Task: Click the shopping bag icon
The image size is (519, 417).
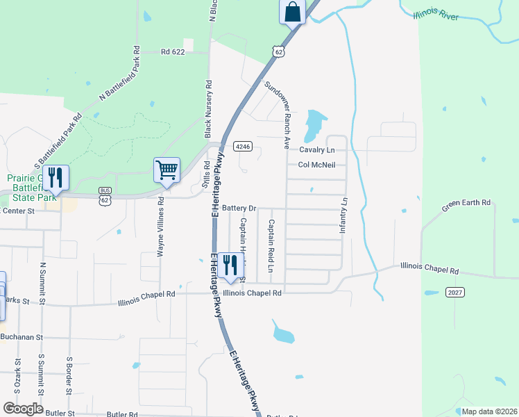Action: click(293, 13)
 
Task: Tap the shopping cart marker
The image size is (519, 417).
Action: click(167, 170)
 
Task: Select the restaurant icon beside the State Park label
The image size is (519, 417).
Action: click(56, 178)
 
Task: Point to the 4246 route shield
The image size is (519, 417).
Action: click(242, 147)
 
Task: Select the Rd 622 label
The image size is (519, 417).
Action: click(174, 51)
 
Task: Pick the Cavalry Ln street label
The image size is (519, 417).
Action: click(317, 149)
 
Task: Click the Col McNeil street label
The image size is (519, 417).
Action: click(317, 165)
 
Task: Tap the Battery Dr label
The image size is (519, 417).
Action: click(240, 208)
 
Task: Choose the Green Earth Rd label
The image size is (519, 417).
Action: click(466, 206)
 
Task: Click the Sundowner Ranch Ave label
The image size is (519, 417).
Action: click(276, 115)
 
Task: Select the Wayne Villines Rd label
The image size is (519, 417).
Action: click(160, 227)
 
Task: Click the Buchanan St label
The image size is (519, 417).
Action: click(22, 337)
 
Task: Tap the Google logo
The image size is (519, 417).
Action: click(23, 409)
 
